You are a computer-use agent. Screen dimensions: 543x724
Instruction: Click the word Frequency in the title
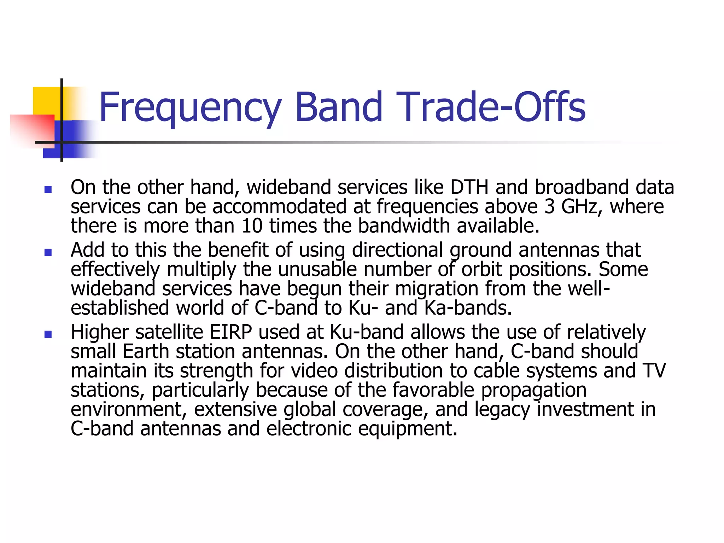click(x=190, y=107)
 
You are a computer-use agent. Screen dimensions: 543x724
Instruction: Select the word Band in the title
click(x=339, y=107)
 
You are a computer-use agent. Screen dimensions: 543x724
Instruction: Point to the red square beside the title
click(x=32, y=129)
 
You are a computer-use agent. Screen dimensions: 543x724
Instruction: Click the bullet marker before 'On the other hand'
click(x=48, y=190)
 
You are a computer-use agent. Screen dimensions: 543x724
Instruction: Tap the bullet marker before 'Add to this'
click(x=48, y=252)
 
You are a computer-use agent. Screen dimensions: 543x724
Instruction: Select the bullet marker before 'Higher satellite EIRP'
click(x=48, y=334)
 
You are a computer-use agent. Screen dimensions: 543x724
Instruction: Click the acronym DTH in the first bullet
click(x=469, y=187)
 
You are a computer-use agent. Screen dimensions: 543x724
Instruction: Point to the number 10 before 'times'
click(x=252, y=226)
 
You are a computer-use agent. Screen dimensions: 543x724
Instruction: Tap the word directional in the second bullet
click(x=397, y=250)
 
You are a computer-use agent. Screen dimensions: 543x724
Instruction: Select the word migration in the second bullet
click(x=436, y=289)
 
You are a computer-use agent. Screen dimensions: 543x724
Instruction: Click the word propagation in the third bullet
click(x=533, y=390)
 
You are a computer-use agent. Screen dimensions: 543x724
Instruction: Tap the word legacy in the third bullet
click(x=502, y=409)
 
